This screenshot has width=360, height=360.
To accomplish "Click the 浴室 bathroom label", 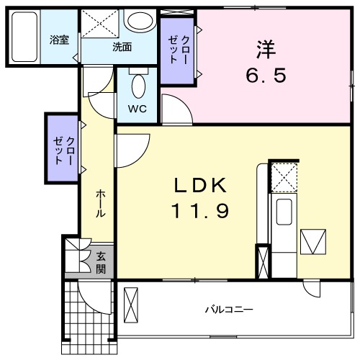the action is [x=59, y=40].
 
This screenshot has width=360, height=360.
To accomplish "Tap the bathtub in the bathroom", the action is [x=24, y=37].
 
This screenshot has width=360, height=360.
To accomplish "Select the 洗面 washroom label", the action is [x=122, y=47].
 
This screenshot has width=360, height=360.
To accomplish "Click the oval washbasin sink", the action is [x=140, y=21].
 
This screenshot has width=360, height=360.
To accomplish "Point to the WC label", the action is [x=138, y=109].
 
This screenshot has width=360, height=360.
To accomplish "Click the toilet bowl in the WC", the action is [x=138, y=86].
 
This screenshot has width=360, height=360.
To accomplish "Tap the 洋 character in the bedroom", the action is [x=266, y=50].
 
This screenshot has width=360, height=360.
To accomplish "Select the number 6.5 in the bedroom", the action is [x=266, y=75].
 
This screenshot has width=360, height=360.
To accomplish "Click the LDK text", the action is [x=200, y=185].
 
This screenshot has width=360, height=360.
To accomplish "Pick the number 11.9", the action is [x=200, y=210].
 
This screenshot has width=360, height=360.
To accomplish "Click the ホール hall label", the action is [x=101, y=204].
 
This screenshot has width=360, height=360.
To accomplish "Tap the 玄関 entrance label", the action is [x=101, y=263].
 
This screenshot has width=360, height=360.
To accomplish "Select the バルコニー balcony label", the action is [x=229, y=310].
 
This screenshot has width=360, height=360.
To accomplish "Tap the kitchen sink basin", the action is [x=284, y=212].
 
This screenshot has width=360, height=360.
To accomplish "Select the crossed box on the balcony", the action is [x=131, y=305].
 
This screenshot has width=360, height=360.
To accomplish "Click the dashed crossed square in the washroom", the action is [x=100, y=24].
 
